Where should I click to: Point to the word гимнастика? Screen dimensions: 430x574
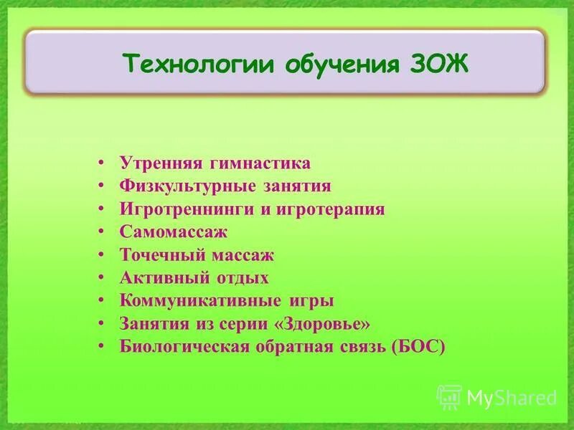259,163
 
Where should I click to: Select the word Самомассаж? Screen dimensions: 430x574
174,232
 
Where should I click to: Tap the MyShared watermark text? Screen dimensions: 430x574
512,396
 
